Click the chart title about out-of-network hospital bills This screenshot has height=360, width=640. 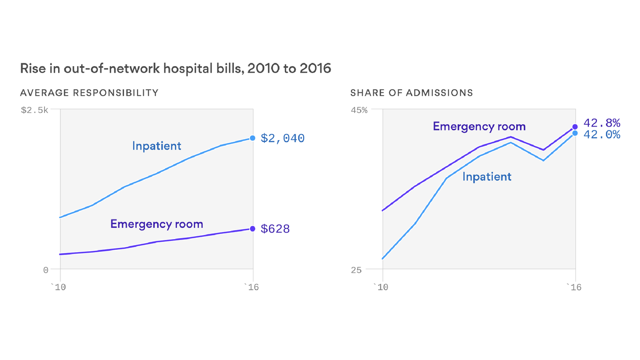click(x=175, y=69)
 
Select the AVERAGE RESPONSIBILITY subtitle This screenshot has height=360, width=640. click(x=89, y=93)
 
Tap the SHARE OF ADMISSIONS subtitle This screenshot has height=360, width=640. click(x=411, y=93)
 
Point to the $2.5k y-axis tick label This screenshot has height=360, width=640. click(x=34, y=110)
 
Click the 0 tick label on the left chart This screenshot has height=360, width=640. click(x=45, y=270)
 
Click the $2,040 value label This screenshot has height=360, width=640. click(x=283, y=138)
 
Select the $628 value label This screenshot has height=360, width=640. click(x=275, y=229)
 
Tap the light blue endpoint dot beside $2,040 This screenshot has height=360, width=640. click(x=253, y=138)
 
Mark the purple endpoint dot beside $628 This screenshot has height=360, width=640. click(x=253, y=229)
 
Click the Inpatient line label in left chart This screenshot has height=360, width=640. click(x=156, y=146)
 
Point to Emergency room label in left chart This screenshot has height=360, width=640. click(x=156, y=224)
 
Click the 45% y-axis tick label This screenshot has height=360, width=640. click(x=359, y=110)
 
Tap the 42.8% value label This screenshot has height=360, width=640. click(x=602, y=123)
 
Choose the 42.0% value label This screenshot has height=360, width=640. click(x=602, y=135)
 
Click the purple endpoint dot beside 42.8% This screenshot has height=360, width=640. click(x=575, y=127)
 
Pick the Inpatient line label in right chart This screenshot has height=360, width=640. click(x=487, y=177)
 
